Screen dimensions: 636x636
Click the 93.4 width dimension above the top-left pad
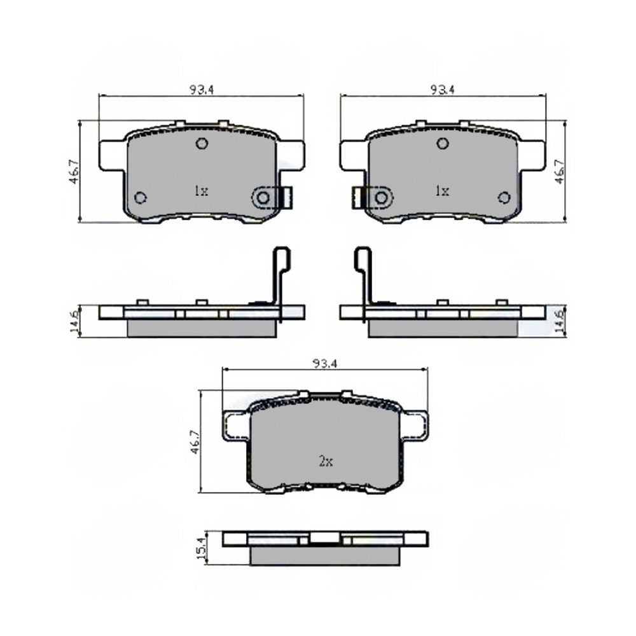pos(202,90)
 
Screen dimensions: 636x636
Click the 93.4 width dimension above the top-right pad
pos(443,90)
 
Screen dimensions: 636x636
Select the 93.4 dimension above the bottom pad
pos(325,364)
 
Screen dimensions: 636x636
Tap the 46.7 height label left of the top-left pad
pos(74,172)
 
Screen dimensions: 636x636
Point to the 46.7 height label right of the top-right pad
pos(560,172)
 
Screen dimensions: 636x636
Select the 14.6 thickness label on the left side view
pos(75,321)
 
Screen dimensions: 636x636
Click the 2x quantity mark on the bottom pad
pos(326,461)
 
